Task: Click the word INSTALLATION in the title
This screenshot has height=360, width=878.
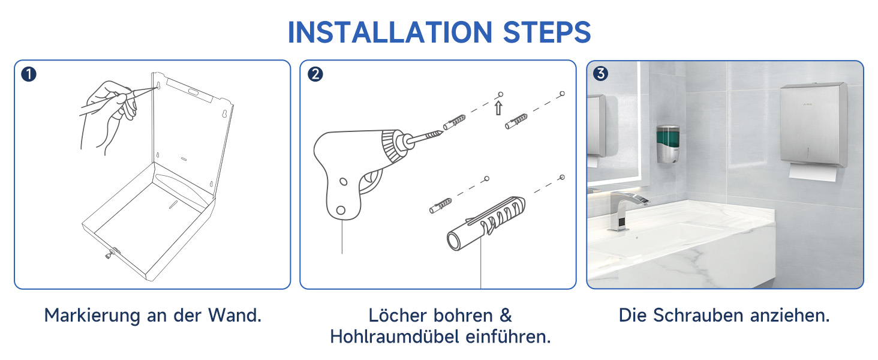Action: (x=390, y=32)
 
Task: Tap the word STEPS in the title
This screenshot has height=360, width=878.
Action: (x=547, y=32)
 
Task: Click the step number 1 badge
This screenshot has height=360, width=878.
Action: (x=29, y=74)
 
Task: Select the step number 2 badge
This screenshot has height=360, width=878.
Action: (x=315, y=74)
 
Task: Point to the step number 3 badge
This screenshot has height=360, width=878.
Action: (x=600, y=73)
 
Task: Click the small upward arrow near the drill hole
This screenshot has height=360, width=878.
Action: (x=498, y=108)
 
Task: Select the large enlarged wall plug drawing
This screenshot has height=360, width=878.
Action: (x=486, y=223)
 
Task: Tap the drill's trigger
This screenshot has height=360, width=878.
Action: (x=371, y=181)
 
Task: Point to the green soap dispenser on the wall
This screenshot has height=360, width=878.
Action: (x=668, y=144)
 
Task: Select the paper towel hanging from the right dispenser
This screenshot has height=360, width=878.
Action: (x=813, y=173)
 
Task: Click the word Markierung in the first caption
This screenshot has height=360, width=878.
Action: (x=92, y=316)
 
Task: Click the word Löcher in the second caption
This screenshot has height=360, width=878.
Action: (x=397, y=315)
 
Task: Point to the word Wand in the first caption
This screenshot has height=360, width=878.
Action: (x=232, y=315)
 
